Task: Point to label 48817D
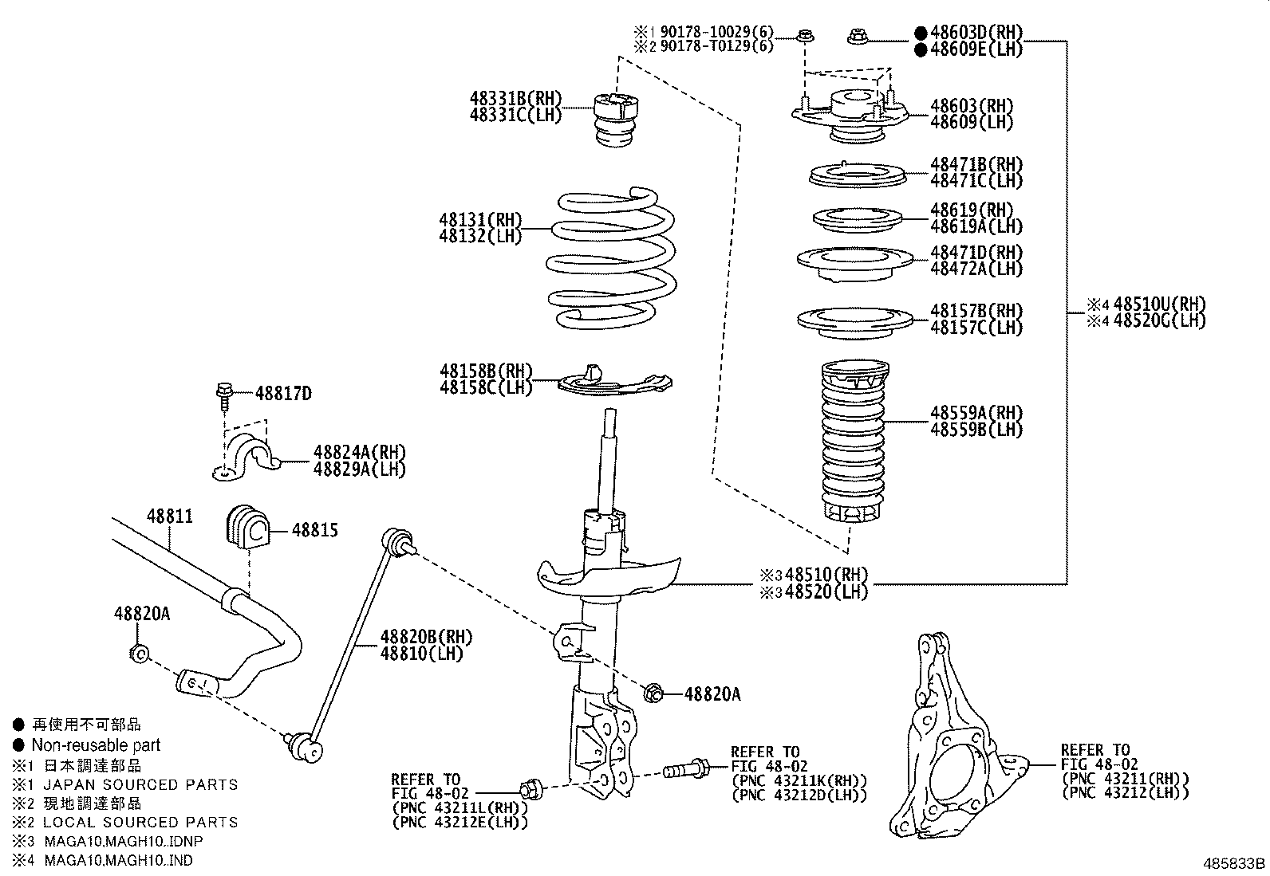283,394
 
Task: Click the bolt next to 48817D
223,394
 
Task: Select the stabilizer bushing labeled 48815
246,526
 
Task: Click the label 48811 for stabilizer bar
169,517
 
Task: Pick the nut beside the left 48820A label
138,654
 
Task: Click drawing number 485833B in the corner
1234,863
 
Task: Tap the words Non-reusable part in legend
96,746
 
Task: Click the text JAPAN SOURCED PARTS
140,784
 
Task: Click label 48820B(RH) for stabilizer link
426,638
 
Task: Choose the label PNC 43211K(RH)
799,780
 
